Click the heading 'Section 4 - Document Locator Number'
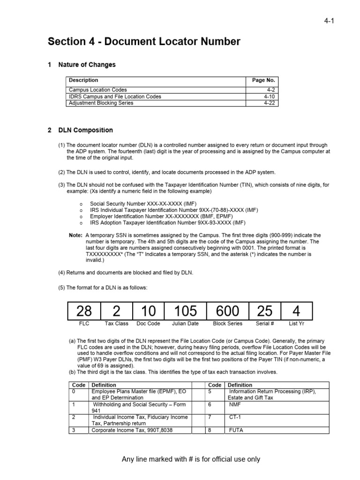pyautogui.click(x=144, y=42)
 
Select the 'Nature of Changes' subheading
pyautogui.click(x=87, y=65)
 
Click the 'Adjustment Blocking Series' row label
pyautogui.click(x=101, y=103)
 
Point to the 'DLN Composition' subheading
pyautogui.click(x=85, y=130)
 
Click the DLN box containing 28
pyautogui.click(x=84, y=311)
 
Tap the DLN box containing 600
pyautogui.click(x=227, y=311)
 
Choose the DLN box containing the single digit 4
pyautogui.click(x=297, y=311)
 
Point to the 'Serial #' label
pyautogui.click(x=265, y=324)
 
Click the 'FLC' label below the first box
pyautogui.click(x=84, y=324)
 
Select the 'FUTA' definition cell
pyautogui.click(x=236, y=429)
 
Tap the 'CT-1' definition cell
pyautogui.click(x=235, y=417)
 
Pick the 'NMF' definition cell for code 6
pyautogui.click(x=235, y=404)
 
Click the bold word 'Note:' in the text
pyautogui.click(x=75, y=235)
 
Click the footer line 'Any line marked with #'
pyautogui.click(x=191, y=459)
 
